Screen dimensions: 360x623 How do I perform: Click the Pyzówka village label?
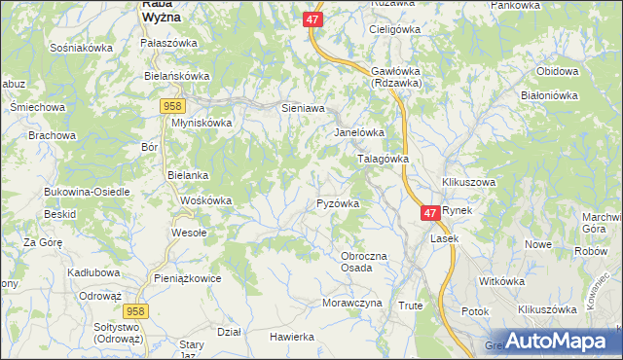(x=339, y=203)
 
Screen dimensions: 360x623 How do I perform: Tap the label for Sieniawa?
(x=302, y=109)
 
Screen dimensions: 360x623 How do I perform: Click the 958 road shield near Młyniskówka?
(x=173, y=105)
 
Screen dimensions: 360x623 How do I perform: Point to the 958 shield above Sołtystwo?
(x=136, y=309)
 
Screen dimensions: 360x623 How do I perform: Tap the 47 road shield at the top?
(x=311, y=18)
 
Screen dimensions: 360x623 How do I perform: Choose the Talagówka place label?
(x=384, y=158)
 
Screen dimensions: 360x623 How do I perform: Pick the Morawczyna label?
(x=351, y=303)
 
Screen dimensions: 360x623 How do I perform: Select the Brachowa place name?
(x=52, y=135)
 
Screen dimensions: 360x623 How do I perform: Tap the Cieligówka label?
(x=392, y=29)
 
